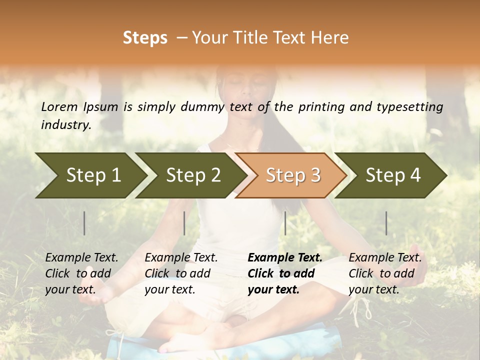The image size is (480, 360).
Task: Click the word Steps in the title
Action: point(145,38)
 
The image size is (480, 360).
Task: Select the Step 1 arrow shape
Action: point(90,175)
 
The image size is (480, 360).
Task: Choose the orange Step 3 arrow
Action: point(292,175)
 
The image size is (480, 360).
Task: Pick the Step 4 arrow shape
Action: point(392,175)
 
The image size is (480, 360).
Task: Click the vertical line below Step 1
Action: point(84,223)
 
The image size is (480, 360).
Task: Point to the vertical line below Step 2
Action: point(184,223)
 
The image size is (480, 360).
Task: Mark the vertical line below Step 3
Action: point(285,223)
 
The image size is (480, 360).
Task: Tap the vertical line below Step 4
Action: point(386,223)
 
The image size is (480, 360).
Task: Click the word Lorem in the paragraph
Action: point(59,107)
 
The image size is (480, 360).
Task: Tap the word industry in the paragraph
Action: point(65,125)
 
